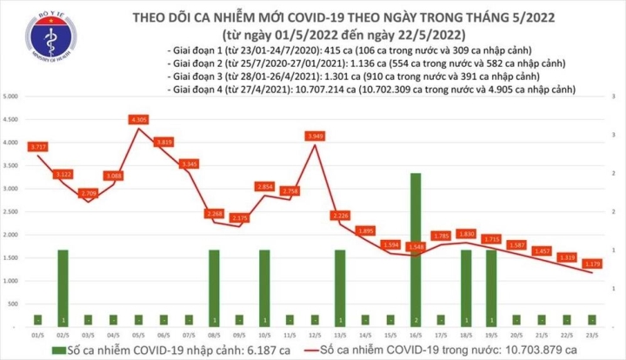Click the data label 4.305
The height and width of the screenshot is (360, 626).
tap(137, 118)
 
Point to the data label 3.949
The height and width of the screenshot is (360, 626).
tap(315, 136)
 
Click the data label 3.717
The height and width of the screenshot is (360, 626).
tap(37, 147)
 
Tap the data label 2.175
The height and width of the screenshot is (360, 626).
tap(239, 217)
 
